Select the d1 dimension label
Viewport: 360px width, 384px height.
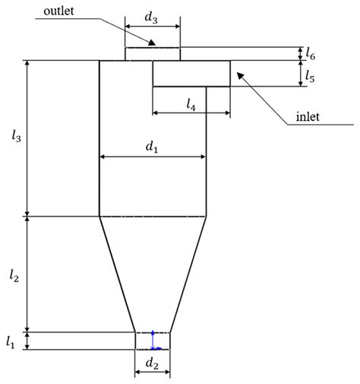click(152, 147)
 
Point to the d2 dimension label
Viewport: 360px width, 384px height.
click(152, 363)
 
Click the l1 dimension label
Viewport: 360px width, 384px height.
click(11, 341)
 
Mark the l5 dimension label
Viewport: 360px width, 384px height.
click(310, 75)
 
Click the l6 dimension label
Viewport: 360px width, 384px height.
click(310, 53)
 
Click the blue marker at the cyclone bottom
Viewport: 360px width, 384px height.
click(153, 340)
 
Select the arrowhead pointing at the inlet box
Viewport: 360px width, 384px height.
click(240, 74)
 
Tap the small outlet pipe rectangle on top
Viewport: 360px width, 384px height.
click(153, 53)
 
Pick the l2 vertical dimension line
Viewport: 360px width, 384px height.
click(28, 274)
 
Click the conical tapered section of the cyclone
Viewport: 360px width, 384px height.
click(152, 274)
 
